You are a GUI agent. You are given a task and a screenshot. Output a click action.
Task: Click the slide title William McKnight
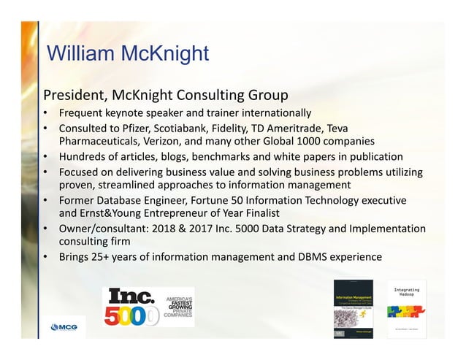click(127, 55)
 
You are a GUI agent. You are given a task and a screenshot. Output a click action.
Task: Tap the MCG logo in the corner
click(64, 326)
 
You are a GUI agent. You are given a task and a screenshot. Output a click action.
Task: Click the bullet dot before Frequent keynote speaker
click(47, 113)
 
